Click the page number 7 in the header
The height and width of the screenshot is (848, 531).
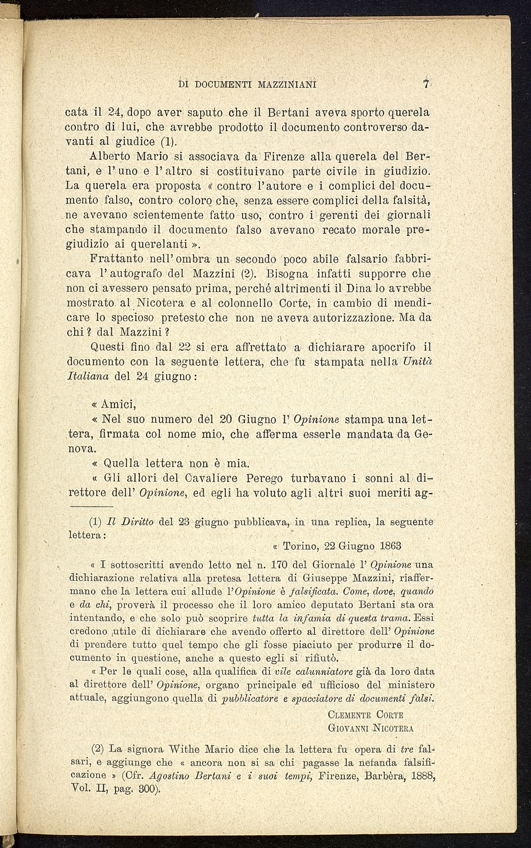coord(427,83)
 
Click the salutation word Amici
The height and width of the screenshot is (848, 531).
coord(119,404)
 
